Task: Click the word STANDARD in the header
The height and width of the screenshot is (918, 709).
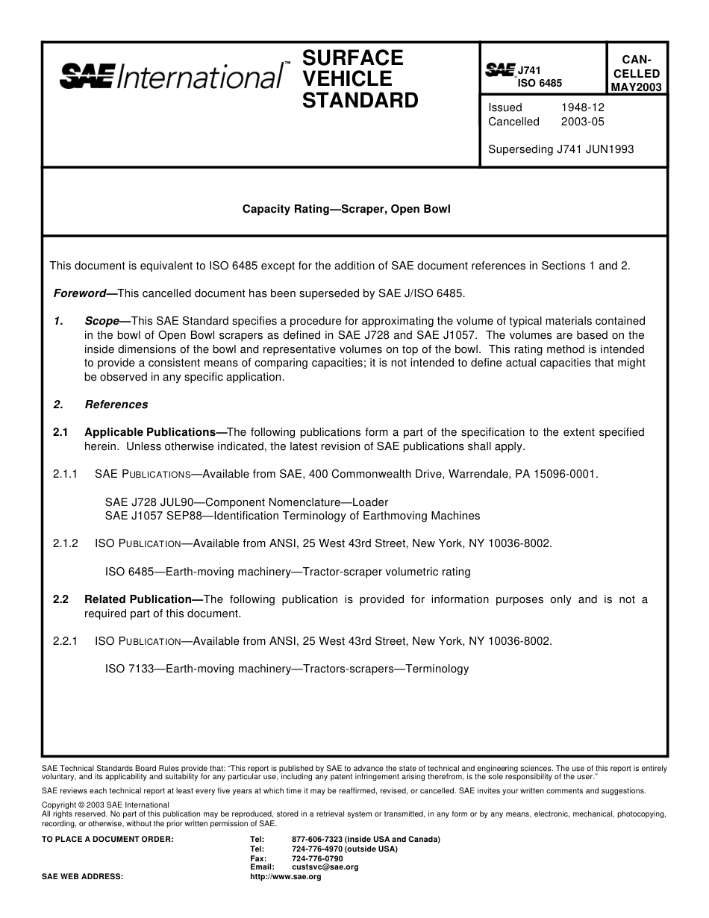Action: pos(360,101)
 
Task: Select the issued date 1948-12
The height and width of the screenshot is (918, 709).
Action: pos(582,107)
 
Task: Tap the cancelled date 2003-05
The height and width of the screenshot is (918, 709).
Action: pos(582,122)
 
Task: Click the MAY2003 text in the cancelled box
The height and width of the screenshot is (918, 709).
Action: pos(635,87)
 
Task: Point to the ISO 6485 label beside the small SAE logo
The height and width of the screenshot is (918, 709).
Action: pos(540,84)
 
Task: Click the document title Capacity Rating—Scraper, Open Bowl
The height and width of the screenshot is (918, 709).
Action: pos(346,209)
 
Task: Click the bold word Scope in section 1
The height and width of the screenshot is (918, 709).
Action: pos(101,321)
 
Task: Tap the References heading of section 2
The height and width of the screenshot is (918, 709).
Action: pos(116,405)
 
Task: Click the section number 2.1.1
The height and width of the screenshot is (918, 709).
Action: pos(66,474)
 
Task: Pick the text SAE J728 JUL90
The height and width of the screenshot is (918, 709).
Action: pos(148,502)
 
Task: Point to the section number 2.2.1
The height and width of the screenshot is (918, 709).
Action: pos(66,640)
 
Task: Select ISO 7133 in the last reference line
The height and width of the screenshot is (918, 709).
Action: pos(129,669)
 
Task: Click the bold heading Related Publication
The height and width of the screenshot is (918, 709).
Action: pos(138,599)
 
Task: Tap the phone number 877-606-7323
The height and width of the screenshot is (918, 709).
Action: pos(317,840)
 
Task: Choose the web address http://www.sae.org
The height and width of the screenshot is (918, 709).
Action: pos(285,877)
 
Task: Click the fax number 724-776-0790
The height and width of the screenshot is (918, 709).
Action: pos(317,858)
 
